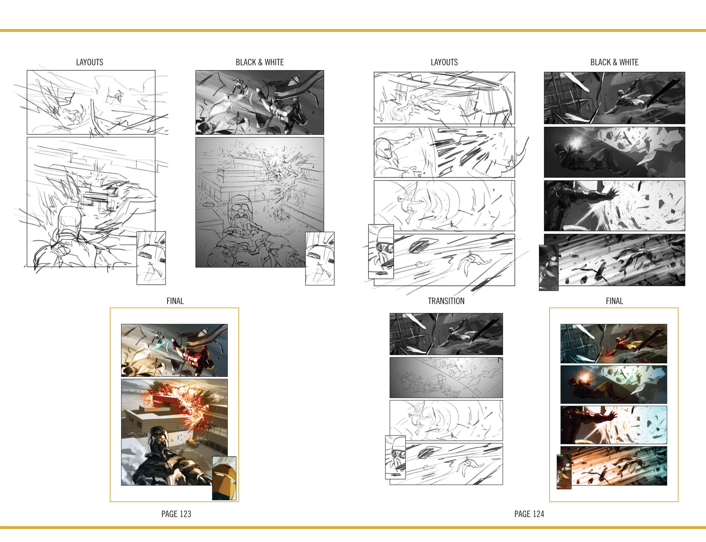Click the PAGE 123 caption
pyautogui.click(x=176, y=514)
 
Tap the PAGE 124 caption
pyautogui.click(x=529, y=514)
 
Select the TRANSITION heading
pyautogui.click(x=446, y=301)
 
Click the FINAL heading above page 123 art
pyautogui.click(x=175, y=301)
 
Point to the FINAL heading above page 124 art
pyautogui.click(x=614, y=301)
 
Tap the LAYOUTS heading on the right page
pyautogui.click(x=444, y=62)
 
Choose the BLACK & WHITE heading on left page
pyautogui.click(x=260, y=62)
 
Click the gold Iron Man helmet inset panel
pyautogui.click(x=224, y=478)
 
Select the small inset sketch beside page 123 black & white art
pyautogui.click(x=320, y=258)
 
